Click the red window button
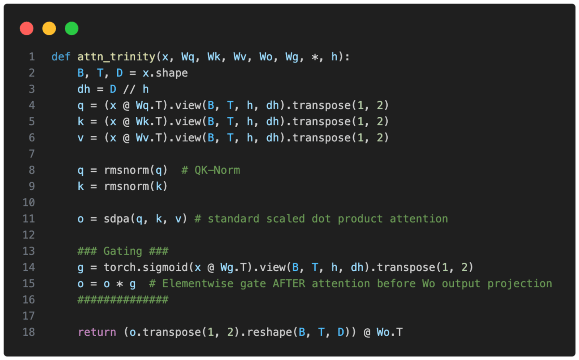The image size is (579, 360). tap(27, 29)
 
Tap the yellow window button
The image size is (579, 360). tap(49, 29)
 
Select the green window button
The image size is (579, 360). tap(72, 29)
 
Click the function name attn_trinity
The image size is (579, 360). tap(116, 57)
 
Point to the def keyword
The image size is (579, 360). tap(60, 57)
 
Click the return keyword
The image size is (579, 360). tap(97, 332)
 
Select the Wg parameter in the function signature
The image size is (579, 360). tap(291, 57)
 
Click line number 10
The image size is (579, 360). tap(29, 203)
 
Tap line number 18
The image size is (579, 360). tap(29, 332)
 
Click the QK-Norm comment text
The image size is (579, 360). tap(217, 170)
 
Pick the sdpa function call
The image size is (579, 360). tap(117, 219)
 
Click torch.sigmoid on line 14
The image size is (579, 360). tap(146, 267)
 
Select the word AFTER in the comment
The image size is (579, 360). tap(289, 284)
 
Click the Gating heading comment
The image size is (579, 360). tap(122, 251)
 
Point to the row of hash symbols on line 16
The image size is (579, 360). tap(122, 300)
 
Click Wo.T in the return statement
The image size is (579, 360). tap(389, 332)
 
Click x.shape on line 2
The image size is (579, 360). tap(165, 73)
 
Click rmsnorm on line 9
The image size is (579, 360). tap(126, 186)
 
